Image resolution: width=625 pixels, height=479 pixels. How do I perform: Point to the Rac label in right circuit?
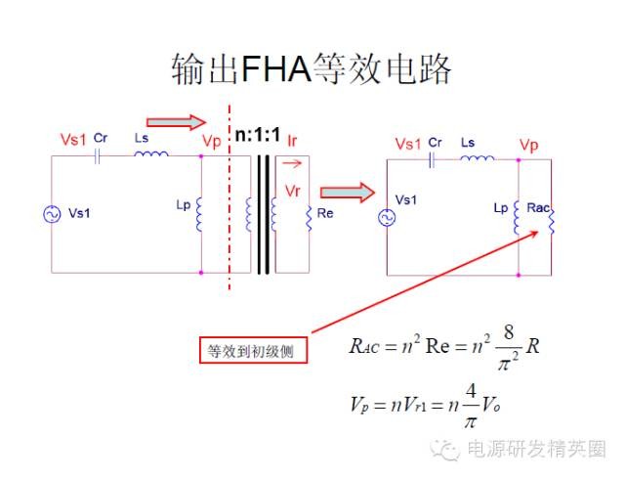click(538, 207)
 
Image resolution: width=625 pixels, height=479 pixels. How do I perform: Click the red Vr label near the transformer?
click(292, 189)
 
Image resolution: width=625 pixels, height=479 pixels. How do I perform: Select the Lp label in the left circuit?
click(183, 206)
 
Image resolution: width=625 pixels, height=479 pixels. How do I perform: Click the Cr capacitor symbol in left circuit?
click(99, 155)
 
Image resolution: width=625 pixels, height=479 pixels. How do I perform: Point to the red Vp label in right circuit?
click(529, 145)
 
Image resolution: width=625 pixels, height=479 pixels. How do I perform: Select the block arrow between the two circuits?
click(347, 192)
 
